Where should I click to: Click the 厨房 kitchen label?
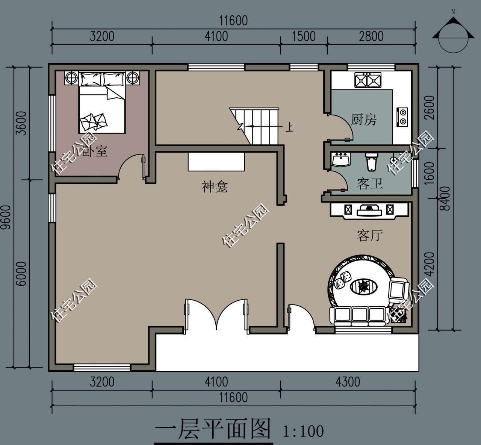(x=363, y=120)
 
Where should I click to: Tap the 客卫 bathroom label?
(x=370, y=184)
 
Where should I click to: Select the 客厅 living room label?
(x=370, y=236)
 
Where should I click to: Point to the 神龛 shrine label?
(x=215, y=186)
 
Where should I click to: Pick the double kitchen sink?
(x=368, y=80)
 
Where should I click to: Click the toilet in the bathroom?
(x=371, y=162)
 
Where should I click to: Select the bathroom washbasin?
(x=341, y=159)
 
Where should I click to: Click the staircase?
(x=259, y=126)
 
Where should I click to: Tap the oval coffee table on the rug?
(x=363, y=287)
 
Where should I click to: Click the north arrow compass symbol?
(x=452, y=34)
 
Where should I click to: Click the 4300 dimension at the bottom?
(x=348, y=382)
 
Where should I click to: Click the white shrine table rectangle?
(x=216, y=161)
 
